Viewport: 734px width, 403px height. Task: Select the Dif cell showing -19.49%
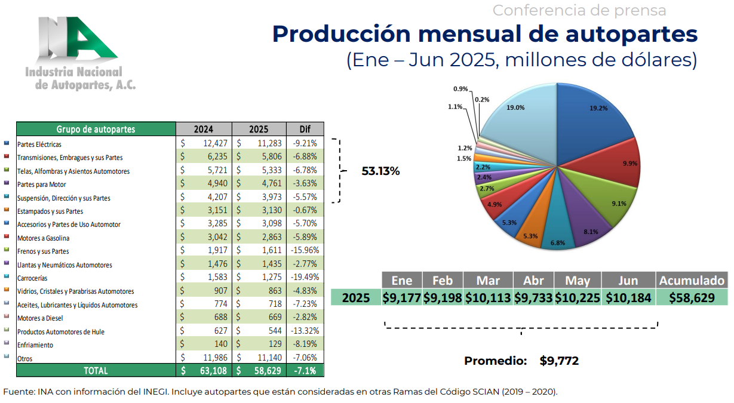pyautogui.click(x=305, y=278)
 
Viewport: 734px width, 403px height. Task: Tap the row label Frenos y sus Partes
pyautogui.click(x=43, y=251)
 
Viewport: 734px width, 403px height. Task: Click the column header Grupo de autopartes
pyautogui.click(x=96, y=129)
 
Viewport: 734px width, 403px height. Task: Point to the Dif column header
pyautogui.click(x=305, y=129)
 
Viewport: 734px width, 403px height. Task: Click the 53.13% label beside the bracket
pyautogui.click(x=380, y=171)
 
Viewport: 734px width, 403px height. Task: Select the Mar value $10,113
pyautogui.click(x=489, y=297)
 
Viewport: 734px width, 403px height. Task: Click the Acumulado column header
pyautogui.click(x=691, y=281)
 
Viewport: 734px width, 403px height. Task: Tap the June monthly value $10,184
pyautogui.click(x=628, y=297)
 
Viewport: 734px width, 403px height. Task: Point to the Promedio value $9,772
pyautogui.click(x=559, y=361)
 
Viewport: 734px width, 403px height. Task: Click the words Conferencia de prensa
pyautogui.click(x=579, y=10)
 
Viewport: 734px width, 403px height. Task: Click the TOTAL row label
pyautogui.click(x=96, y=371)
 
